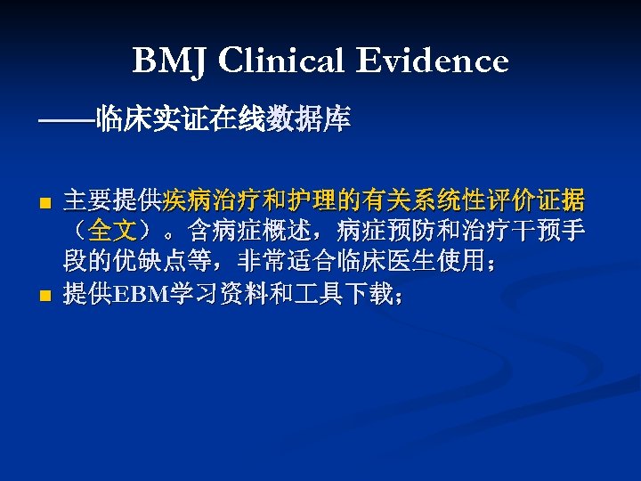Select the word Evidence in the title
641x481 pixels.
click(434, 61)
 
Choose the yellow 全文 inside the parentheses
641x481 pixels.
click(112, 232)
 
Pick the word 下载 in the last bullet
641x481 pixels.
click(367, 295)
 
